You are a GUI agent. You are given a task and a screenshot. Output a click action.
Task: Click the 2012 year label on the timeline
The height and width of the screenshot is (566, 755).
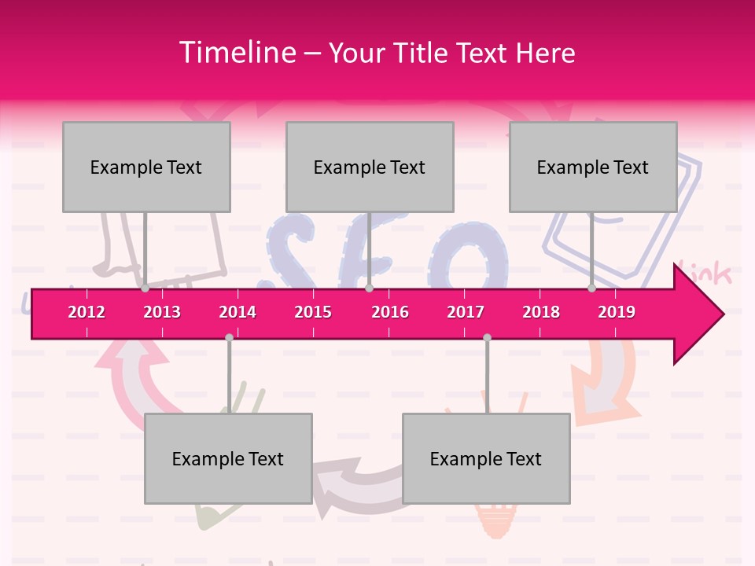click(87, 312)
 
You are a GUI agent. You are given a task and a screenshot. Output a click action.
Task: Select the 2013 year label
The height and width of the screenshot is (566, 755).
click(162, 312)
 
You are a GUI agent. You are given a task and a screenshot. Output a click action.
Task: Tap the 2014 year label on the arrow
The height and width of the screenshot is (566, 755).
click(238, 312)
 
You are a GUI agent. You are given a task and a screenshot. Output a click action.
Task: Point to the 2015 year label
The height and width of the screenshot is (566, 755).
click(313, 312)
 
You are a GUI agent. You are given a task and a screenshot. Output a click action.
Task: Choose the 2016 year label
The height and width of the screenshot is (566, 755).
click(390, 312)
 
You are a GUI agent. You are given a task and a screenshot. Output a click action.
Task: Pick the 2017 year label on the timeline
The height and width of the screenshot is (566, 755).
click(466, 312)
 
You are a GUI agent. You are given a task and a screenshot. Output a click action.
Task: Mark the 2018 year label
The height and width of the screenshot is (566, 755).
click(541, 312)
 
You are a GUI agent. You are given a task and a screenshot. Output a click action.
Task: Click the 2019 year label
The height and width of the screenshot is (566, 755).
click(617, 312)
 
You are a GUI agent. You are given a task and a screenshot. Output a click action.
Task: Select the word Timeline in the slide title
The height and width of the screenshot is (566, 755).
click(235, 53)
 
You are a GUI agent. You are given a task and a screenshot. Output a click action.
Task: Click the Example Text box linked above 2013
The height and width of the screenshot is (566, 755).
click(146, 167)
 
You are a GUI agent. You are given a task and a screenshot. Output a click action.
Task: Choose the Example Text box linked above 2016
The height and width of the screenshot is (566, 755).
click(370, 167)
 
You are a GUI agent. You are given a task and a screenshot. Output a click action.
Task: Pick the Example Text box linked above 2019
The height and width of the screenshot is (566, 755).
click(593, 167)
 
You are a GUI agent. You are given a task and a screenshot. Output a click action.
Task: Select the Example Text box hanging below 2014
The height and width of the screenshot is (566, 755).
click(228, 458)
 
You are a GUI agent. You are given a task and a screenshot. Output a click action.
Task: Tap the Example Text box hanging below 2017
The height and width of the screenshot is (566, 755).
click(486, 458)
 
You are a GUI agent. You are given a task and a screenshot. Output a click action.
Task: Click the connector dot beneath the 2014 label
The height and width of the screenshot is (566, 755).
click(229, 337)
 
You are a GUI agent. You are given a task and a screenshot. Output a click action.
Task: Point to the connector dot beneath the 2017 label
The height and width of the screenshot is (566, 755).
click(487, 337)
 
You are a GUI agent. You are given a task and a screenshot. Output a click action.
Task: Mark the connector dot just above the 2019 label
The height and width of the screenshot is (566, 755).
click(591, 289)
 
